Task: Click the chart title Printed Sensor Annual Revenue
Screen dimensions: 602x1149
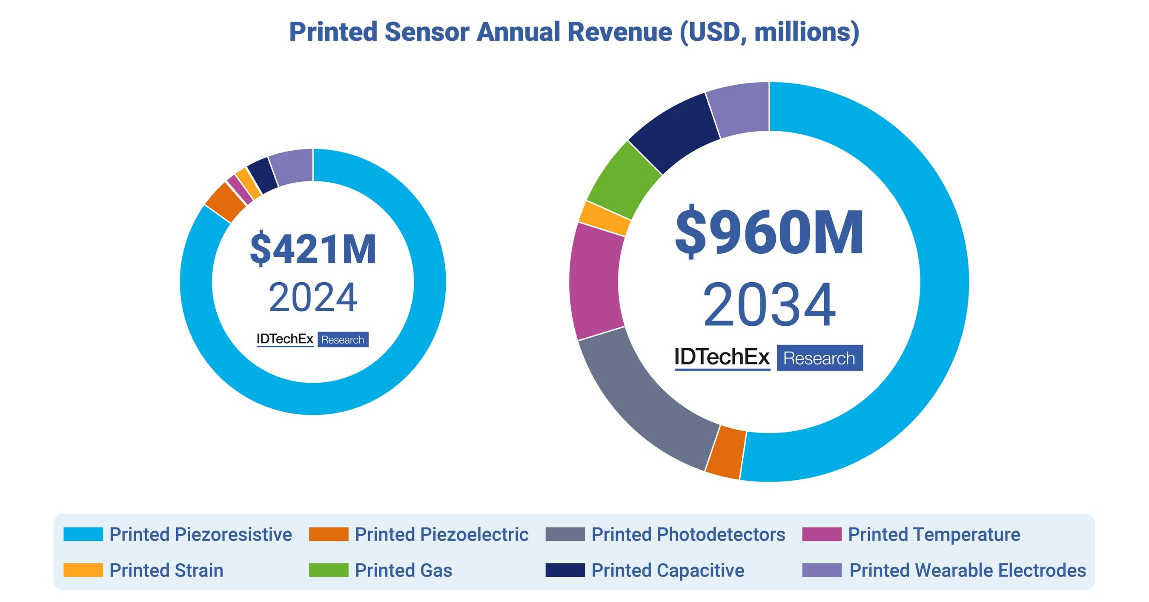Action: pos(574,32)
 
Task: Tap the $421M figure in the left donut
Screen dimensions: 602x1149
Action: pos(313,249)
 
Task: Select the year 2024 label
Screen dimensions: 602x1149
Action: pos(313,298)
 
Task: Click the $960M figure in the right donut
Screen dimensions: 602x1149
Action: pos(769,233)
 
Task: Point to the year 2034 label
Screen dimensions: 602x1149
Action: pos(769,305)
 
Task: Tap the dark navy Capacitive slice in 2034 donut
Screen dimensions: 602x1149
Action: pos(673,133)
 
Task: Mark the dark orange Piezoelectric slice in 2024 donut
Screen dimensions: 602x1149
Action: pos(225,202)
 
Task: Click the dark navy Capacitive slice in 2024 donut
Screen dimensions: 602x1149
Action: pos(263,175)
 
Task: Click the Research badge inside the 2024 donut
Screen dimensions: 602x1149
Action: pos(343,340)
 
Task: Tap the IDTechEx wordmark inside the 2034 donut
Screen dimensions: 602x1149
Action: pos(722,358)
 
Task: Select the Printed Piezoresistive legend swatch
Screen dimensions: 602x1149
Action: pos(83,534)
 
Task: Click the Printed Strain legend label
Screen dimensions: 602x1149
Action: pos(166,570)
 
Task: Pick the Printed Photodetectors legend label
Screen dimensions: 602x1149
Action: pos(688,534)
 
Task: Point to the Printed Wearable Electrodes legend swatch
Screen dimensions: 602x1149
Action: pos(822,570)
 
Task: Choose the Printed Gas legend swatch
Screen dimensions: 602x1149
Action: pos(328,570)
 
